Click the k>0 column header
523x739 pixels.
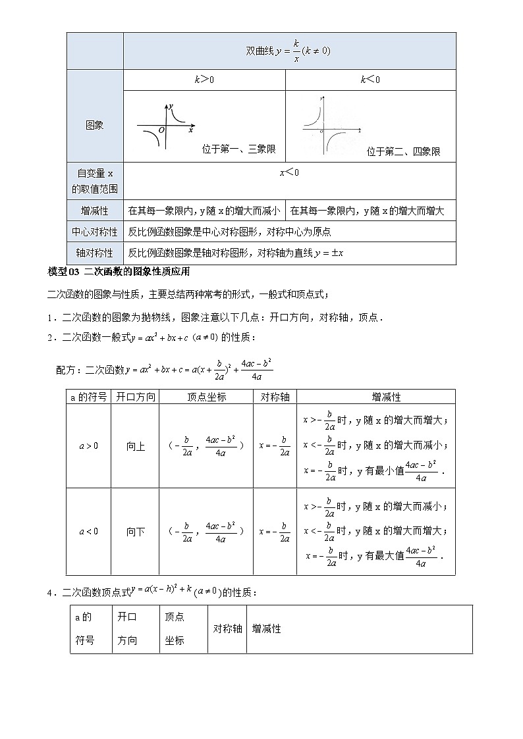204,80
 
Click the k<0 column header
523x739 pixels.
370,80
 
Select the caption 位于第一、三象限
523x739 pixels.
238,150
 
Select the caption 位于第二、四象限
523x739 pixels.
403,152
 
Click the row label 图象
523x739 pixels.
95,125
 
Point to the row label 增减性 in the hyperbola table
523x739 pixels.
95,211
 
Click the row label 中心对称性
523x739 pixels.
95,232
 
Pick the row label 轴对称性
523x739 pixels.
95,253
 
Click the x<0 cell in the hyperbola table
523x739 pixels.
289,172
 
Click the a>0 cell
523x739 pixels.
89,446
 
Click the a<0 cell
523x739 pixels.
89,531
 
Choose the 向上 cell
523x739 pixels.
136,446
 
